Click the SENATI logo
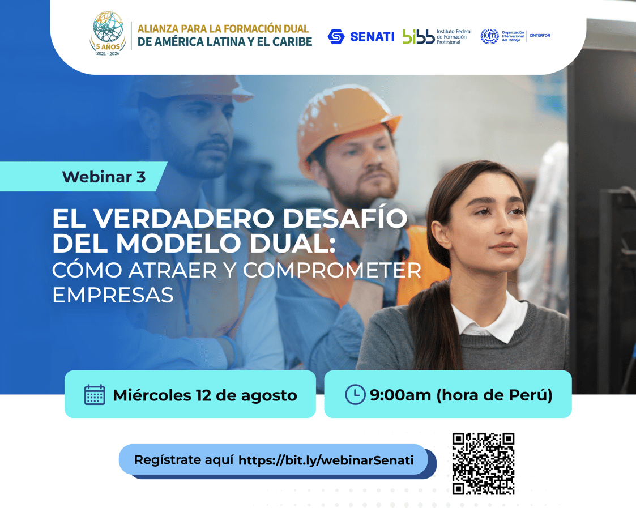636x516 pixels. pyautogui.click(x=361, y=36)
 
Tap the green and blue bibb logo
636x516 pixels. pyautogui.click(x=418, y=36)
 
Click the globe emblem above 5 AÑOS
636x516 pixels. pyautogui.click(x=108, y=27)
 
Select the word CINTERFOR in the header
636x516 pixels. pyautogui.click(x=540, y=35)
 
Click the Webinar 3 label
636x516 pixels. pyautogui.click(x=104, y=177)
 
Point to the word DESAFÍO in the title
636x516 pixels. pyautogui.click(x=345, y=218)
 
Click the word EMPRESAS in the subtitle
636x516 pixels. pyautogui.click(x=113, y=295)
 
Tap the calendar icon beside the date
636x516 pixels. pyautogui.click(x=95, y=395)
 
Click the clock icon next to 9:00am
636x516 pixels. pyautogui.click(x=355, y=394)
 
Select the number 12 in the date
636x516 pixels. pyautogui.click(x=203, y=395)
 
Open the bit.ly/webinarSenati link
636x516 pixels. pyautogui.click(x=326, y=460)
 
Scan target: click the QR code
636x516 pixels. pyautogui.click(x=484, y=464)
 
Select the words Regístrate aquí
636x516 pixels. pyautogui.click(x=183, y=460)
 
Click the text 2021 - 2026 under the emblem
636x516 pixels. pyautogui.click(x=108, y=54)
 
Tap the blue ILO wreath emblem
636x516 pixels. pyautogui.click(x=489, y=36)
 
